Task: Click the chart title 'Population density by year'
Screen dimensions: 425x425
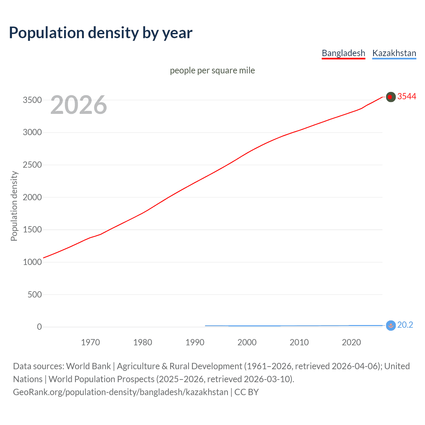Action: coord(101,33)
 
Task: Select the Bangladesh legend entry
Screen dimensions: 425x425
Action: coord(343,53)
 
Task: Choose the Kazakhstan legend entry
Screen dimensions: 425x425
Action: coord(394,53)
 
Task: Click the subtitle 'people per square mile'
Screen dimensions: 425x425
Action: coord(212,70)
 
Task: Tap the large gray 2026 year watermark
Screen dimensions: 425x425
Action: coord(79,105)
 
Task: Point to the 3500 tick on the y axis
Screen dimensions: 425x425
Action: coord(32,100)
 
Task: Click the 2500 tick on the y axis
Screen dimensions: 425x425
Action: coord(32,165)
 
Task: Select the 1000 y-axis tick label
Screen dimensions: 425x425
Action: coord(32,262)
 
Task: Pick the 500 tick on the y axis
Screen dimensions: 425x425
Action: coord(35,295)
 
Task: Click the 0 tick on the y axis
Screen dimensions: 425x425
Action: coord(40,327)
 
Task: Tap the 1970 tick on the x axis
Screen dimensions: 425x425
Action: coord(90,342)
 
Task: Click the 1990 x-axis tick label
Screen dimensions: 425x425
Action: coord(195,342)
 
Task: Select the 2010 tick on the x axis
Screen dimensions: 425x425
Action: coord(299,342)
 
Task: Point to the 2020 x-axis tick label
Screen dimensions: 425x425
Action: coord(351,342)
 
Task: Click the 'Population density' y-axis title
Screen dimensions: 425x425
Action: coord(14,206)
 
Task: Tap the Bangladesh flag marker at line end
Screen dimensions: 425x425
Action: coord(391,97)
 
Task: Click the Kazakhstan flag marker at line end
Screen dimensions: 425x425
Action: coord(391,326)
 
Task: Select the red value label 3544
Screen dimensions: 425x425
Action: coord(406,96)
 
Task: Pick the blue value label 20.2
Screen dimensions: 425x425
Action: coord(405,325)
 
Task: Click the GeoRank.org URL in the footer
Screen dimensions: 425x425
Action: coord(121,392)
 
